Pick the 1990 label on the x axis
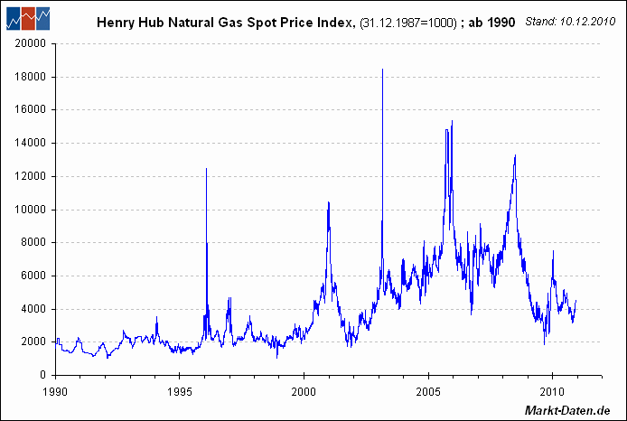click(55, 392)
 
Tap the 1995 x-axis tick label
click(179, 392)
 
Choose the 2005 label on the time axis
click(427, 392)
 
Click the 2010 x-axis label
click(552, 392)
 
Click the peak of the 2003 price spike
click(382, 70)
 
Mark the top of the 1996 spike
click(207, 169)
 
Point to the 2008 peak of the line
click(515, 155)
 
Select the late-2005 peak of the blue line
click(452, 121)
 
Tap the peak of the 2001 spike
click(328, 202)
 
